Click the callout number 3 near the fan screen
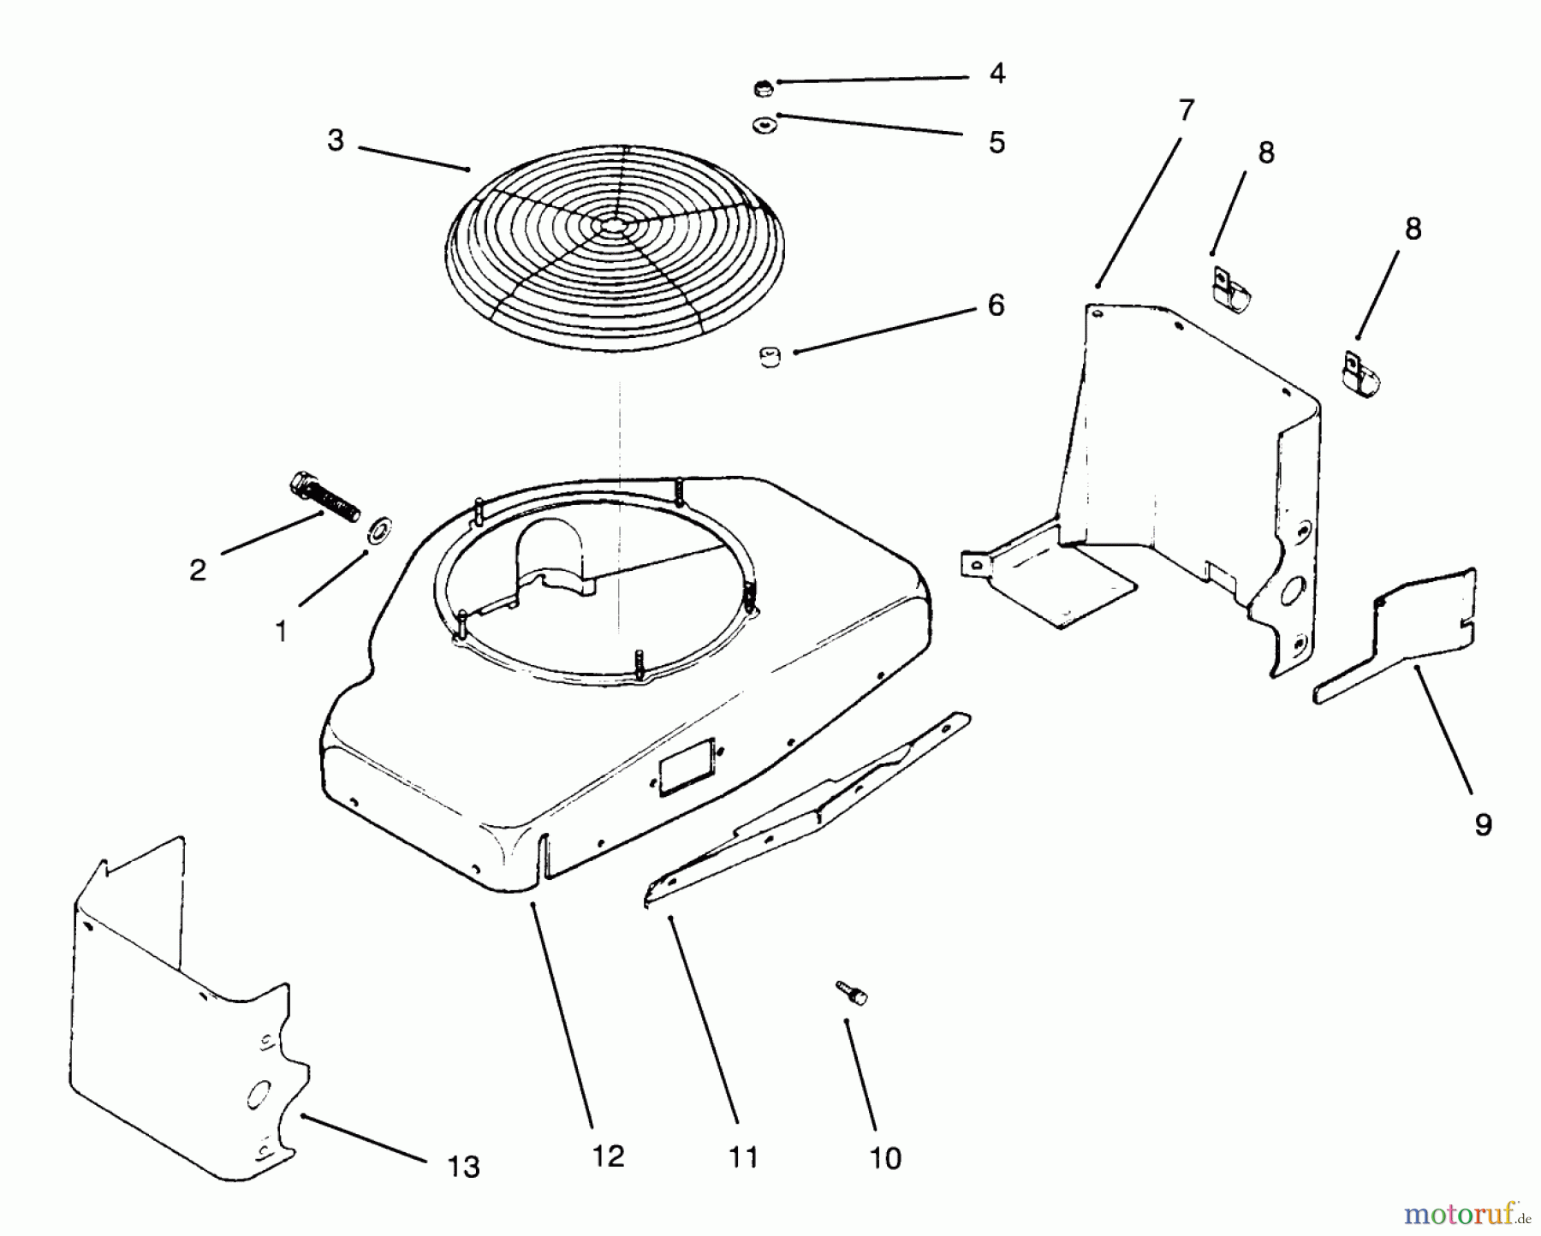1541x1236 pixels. tap(336, 140)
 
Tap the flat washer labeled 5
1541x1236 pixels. tap(762, 126)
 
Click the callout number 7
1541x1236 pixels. tap(1185, 110)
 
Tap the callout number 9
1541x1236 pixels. tap(1483, 824)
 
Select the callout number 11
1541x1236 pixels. tap(743, 1158)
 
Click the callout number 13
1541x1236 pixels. tap(464, 1166)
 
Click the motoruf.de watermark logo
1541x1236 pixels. tap(1465, 1213)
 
